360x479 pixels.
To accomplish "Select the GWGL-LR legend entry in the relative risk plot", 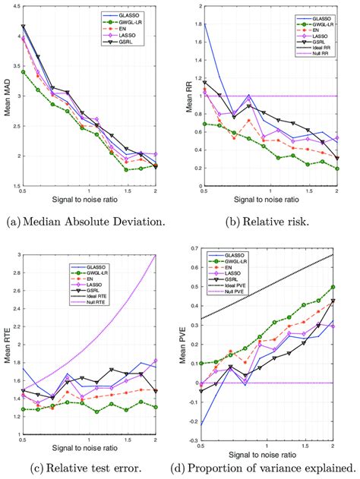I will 321,24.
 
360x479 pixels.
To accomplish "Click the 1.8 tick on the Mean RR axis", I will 201,24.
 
